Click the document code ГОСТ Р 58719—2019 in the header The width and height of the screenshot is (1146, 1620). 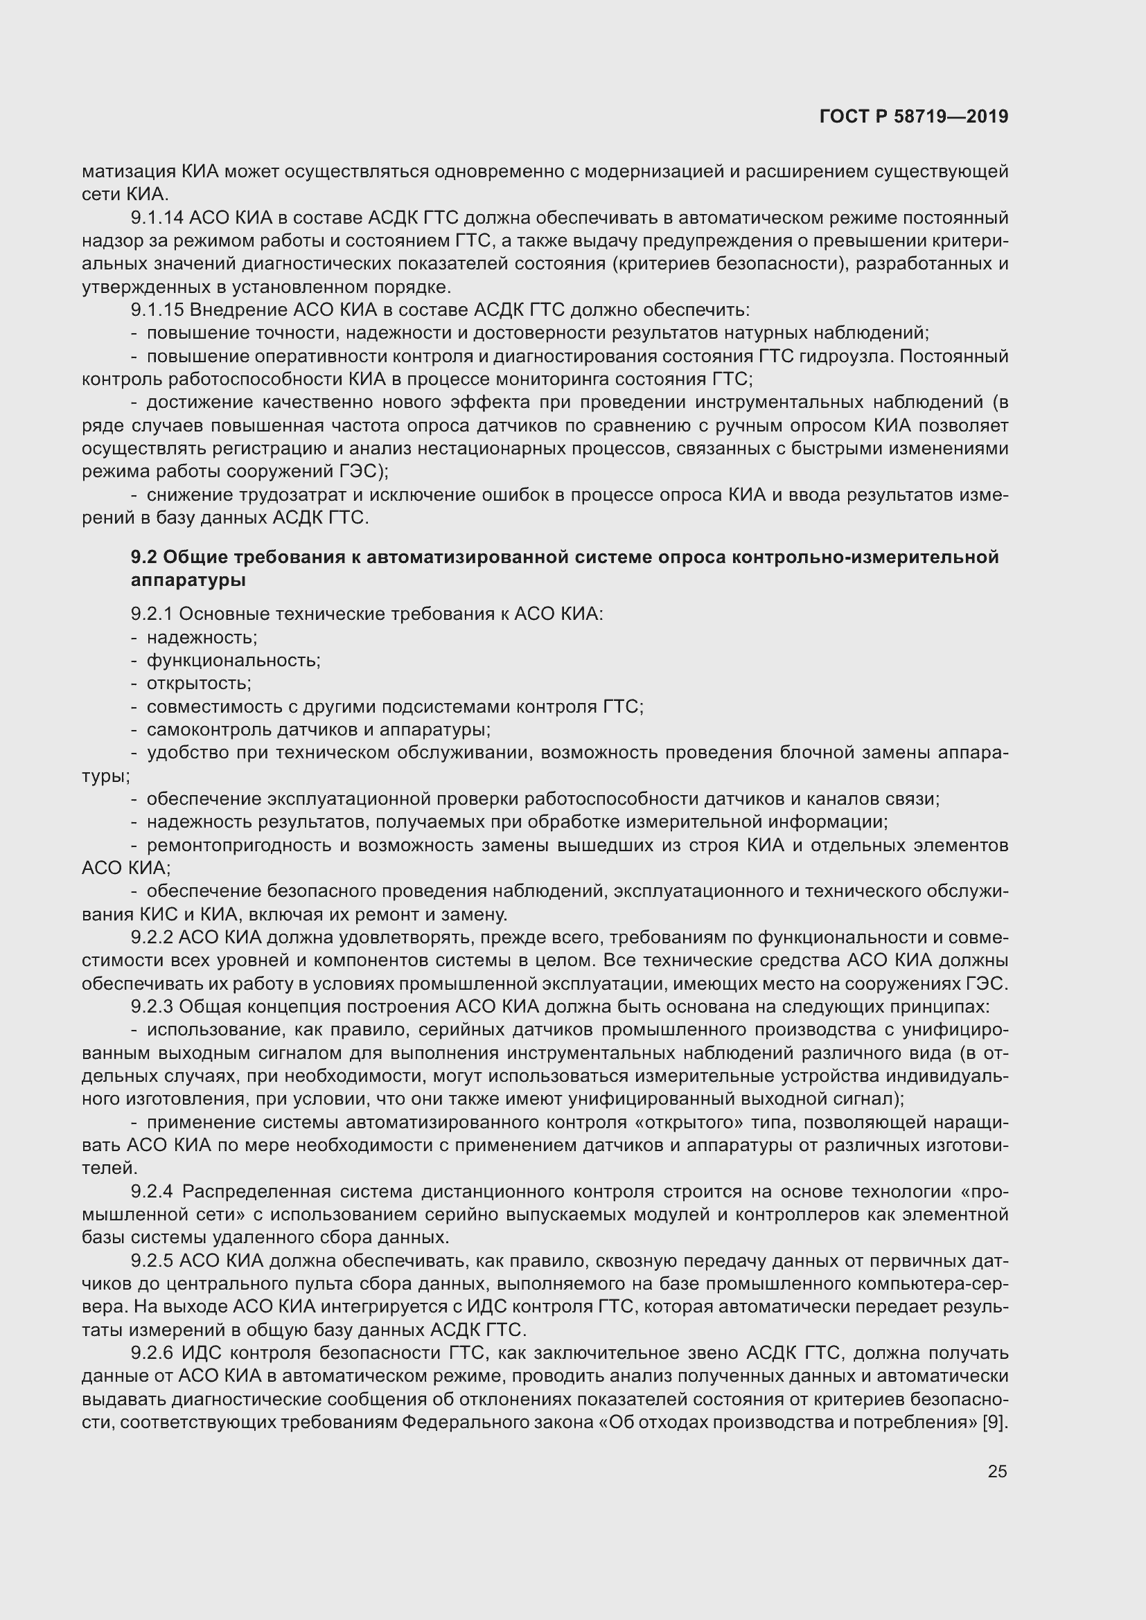[x=914, y=117]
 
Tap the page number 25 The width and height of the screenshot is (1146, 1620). [x=997, y=1471]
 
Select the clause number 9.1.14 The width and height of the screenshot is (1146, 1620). [x=157, y=218]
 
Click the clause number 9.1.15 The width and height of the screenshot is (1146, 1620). [x=157, y=310]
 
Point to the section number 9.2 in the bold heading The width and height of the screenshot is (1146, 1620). [x=144, y=558]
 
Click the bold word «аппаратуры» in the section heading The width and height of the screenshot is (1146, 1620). [x=188, y=580]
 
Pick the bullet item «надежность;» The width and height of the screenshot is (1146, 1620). [x=202, y=638]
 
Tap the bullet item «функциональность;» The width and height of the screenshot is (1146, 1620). [x=233, y=661]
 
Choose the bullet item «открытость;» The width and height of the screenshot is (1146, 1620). [x=199, y=684]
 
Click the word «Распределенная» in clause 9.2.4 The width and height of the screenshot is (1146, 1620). [x=256, y=1192]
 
